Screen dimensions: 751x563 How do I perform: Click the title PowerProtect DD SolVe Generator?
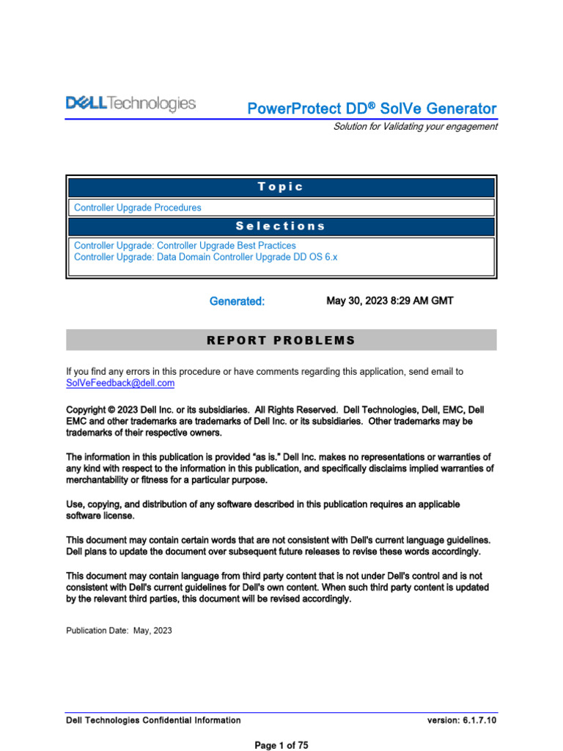coord(372,109)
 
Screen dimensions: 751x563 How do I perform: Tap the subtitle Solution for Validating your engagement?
coord(415,126)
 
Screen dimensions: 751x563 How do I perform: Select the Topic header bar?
coord(281,186)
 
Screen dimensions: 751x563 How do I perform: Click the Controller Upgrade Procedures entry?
coord(138,208)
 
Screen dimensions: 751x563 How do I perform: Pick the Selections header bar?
coord(281,226)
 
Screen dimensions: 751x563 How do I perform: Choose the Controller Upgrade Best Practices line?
coord(185,246)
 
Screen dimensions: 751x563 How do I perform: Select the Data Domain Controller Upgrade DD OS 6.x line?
coord(205,257)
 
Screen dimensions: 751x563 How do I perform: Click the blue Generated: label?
coord(237,301)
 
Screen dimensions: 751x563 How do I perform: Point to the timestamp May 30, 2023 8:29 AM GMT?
coord(384,301)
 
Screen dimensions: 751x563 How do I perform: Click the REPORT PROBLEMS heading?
coord(281,340)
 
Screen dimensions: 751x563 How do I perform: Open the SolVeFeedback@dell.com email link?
coord(120,383)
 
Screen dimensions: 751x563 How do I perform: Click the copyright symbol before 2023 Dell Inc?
coord(112,410)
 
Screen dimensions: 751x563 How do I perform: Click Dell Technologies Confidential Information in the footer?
coord(153,720)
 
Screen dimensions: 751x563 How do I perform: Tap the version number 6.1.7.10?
coord(479,720)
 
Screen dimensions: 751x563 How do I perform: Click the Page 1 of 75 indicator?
coord(281,745)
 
